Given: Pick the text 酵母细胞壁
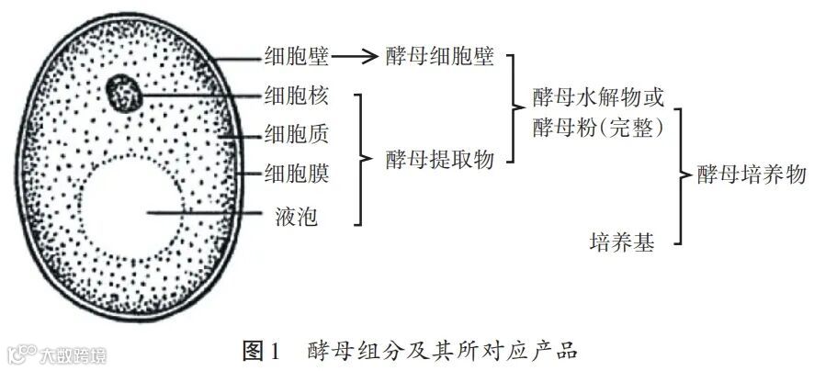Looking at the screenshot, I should click(x=440, y=58).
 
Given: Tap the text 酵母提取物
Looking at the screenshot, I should click(x=440, y=159).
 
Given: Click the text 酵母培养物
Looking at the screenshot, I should click(x=751, y=174).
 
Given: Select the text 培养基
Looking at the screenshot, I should click(x=622, y=242).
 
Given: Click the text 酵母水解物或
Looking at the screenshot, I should click(x=598, y=97).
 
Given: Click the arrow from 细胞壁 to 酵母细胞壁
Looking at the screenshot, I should click(x=355, y=58).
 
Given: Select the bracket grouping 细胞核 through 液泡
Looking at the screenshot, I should click(x=363, y=158).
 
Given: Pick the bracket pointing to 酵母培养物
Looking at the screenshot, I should click(x=680, y=174).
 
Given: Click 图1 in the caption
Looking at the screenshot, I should click(x=264, y=349).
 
